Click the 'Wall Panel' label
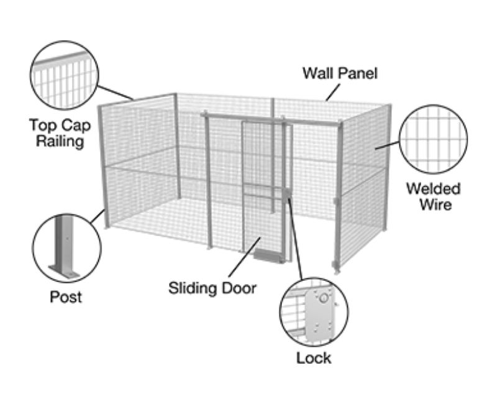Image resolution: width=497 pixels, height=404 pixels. tap(340, 73)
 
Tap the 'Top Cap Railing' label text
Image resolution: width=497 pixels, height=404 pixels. tap(60, 133)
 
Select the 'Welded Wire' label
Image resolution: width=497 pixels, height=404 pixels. tap(433, 196)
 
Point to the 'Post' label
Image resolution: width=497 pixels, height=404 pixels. tap(66, 296)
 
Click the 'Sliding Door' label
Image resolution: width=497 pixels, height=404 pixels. tap(212, 288)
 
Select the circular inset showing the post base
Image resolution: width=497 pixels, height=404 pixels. tap(66, 247)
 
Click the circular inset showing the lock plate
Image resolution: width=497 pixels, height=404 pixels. tap(314, 313)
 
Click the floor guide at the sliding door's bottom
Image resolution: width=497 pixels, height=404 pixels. tap(268, 255)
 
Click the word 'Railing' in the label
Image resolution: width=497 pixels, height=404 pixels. tap(60, 141)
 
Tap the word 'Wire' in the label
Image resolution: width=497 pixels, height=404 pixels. tap(433, 204)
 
